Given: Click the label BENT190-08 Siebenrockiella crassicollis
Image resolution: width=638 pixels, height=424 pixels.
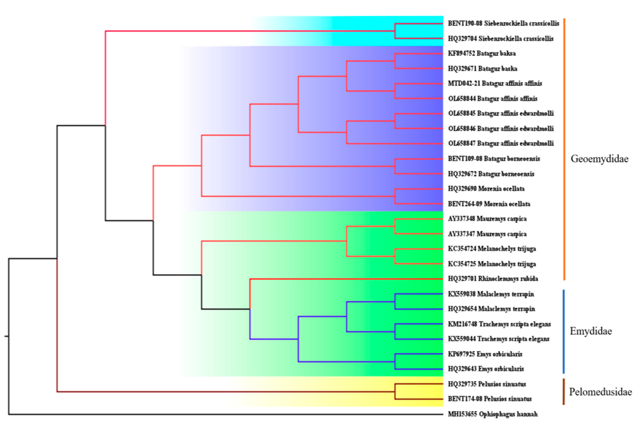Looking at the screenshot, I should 503,24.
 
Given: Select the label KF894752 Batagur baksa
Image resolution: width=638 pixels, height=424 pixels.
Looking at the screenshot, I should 481,54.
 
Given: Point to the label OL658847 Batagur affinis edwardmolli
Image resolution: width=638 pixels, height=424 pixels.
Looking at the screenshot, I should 501,143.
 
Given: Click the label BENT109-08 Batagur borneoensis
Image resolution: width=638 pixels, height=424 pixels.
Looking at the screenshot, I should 494,159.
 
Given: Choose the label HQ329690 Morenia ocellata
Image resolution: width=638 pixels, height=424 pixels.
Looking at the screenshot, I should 486,189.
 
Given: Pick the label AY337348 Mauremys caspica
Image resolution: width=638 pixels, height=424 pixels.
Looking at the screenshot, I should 487,219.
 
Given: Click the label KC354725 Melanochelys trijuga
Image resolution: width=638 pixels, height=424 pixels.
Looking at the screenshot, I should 492,264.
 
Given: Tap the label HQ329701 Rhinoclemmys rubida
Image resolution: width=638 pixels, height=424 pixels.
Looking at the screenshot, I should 493,279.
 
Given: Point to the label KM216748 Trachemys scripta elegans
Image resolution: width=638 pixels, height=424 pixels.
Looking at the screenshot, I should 499,324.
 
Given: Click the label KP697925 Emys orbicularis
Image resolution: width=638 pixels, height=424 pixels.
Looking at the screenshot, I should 485,354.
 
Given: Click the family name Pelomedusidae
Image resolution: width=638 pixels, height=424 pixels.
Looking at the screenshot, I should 600,392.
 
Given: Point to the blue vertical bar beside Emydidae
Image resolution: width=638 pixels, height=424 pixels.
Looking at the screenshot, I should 564,331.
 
